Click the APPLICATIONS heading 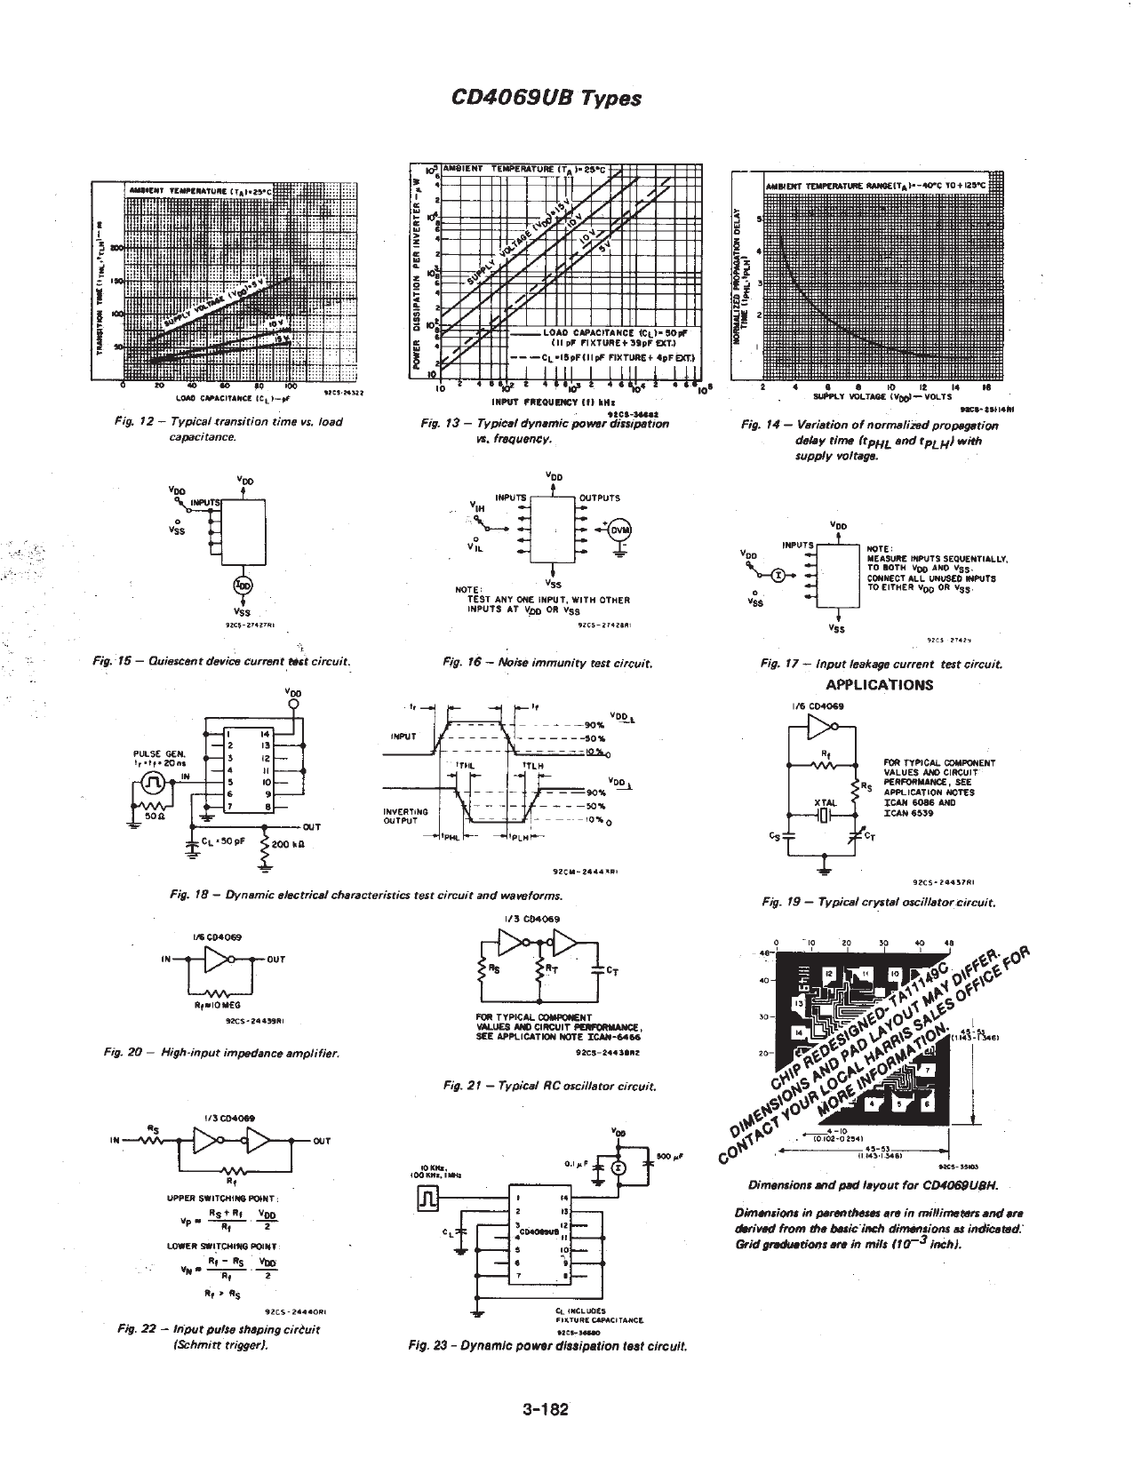879,684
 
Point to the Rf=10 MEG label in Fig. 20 211,1005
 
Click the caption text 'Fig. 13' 437,425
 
